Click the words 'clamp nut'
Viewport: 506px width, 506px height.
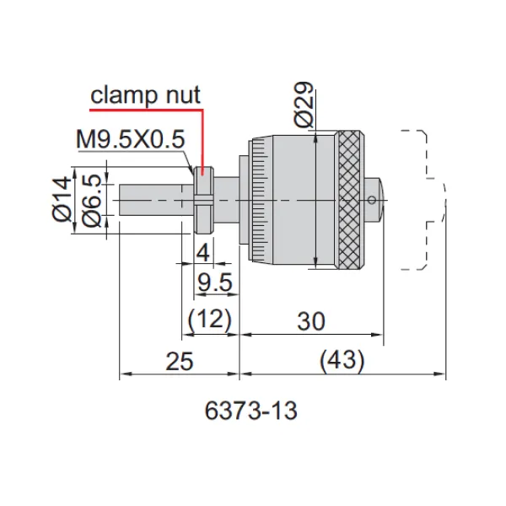[x=145, y=95]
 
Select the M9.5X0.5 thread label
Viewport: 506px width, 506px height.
[x=131, y=139]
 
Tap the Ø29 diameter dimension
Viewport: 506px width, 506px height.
[x=304, y=104]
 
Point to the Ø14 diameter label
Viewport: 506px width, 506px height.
[x=62, y=199]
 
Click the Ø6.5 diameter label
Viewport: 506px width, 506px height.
[x=91, y=200]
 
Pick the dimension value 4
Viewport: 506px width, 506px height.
[x=203, y=253]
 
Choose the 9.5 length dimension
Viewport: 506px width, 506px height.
[x=215, y=283]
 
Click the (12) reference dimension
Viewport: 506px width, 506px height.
[x=210, y=320]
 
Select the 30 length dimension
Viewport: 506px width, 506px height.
[x=310, y=321]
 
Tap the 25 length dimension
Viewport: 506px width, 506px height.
[x=180, y=361]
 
